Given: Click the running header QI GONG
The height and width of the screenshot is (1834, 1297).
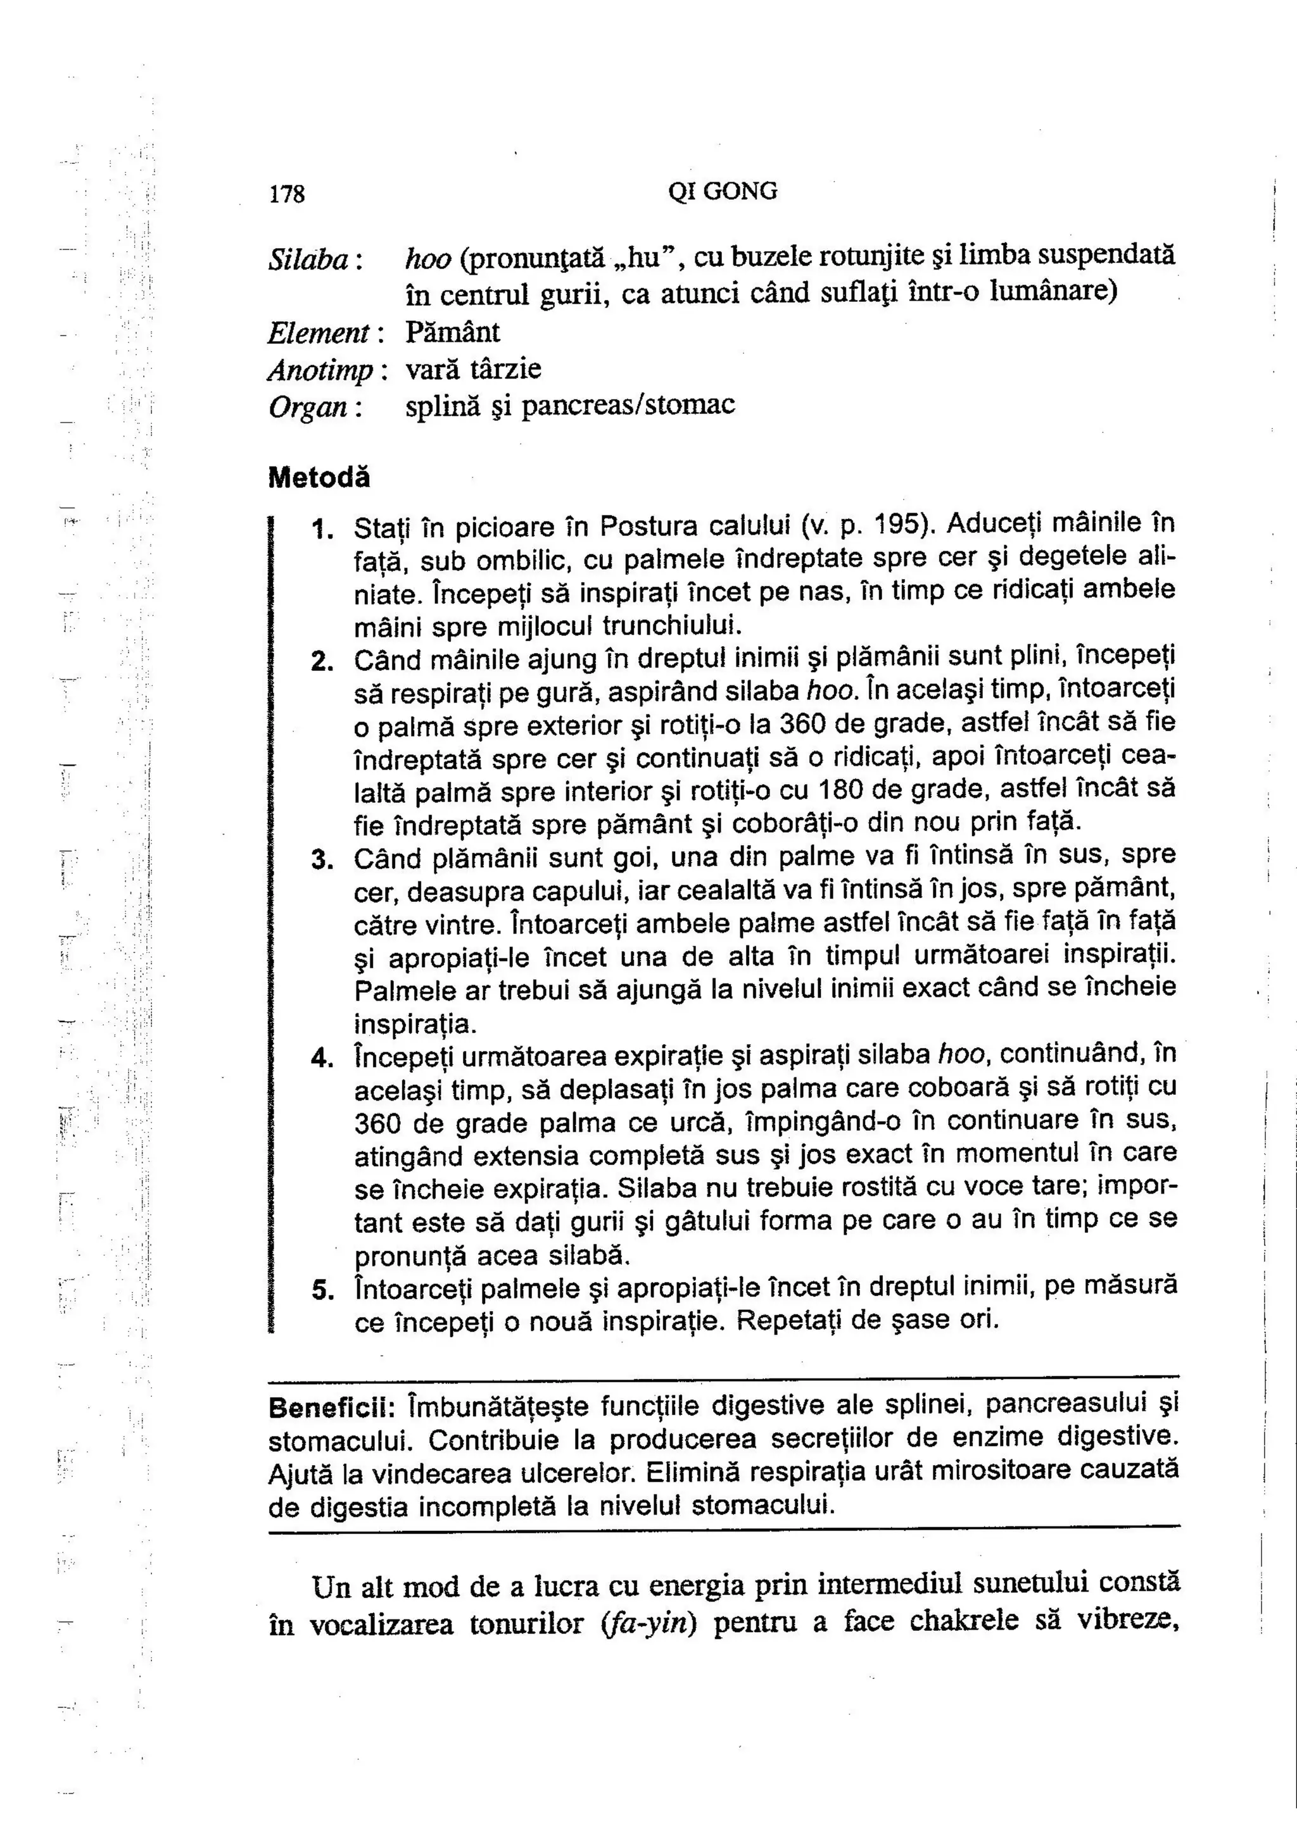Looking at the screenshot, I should [x=723, y=192].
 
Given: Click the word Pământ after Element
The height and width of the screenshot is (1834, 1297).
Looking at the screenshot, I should [x=452, y=332].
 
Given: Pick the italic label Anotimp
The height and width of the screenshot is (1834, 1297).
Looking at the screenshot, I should [x=320, y=370].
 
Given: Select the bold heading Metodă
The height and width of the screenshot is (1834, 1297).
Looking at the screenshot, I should [x=319, y=478].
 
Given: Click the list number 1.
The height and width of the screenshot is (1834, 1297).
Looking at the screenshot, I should [x=321, y=529].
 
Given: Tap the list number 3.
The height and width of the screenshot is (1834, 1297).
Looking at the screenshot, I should [x=321, y=860].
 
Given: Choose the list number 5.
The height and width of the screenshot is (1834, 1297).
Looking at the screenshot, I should [x=321, y=1290].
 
